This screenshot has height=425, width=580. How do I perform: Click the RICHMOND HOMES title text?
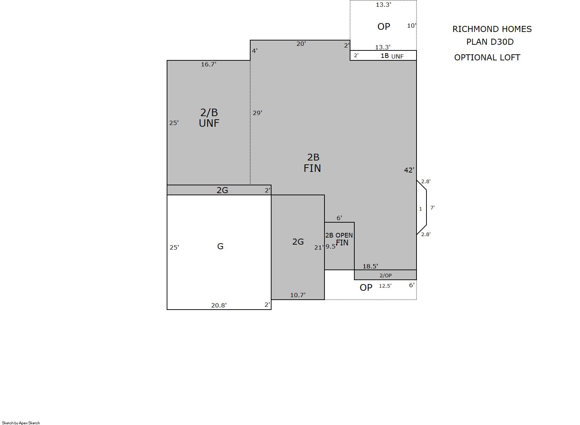[x=492, y=29]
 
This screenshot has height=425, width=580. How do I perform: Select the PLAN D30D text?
[x=490, y=42]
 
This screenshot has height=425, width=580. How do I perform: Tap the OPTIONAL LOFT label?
[x=487, y=58]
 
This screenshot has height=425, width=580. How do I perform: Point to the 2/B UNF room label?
[x=209, y=118]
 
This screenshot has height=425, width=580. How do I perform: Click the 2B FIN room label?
[x=312, y=163]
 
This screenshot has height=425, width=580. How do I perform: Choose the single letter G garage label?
[x=220, y=246]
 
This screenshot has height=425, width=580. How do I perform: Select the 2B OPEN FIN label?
[x=339, y=239]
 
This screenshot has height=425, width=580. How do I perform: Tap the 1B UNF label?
[x=392, y=56]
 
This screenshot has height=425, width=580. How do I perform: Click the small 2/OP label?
[x=386, y=276]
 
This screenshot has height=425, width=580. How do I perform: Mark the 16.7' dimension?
[x=208, y=64]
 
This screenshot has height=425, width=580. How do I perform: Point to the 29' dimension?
[x=257, y=113]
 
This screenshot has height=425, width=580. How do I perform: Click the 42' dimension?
[x=409, y=170]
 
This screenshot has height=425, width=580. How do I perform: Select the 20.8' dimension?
[x=219, y=305]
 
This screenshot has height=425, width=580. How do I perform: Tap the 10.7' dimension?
[x=298, y=295]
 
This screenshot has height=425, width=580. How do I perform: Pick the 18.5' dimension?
[x=370, y=266]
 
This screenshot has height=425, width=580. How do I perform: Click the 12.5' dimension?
[x=385, y=286]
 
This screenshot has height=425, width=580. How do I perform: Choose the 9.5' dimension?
[x=331, y=246]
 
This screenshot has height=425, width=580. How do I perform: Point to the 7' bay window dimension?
[x=433, y=207]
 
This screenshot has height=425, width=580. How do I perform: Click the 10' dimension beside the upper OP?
[x=412, y=26]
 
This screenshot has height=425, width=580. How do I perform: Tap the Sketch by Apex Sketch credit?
[x=21, y=423]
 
